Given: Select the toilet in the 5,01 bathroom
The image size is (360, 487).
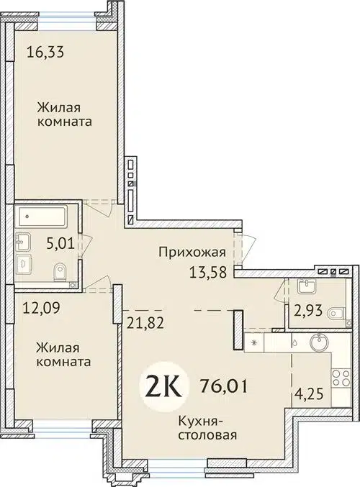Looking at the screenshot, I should (60, 271).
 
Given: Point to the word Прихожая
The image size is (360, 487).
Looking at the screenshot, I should (192, 252).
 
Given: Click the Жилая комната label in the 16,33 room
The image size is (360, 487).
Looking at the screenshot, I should (66, 115).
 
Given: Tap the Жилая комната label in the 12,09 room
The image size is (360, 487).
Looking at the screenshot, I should (66, 354).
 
